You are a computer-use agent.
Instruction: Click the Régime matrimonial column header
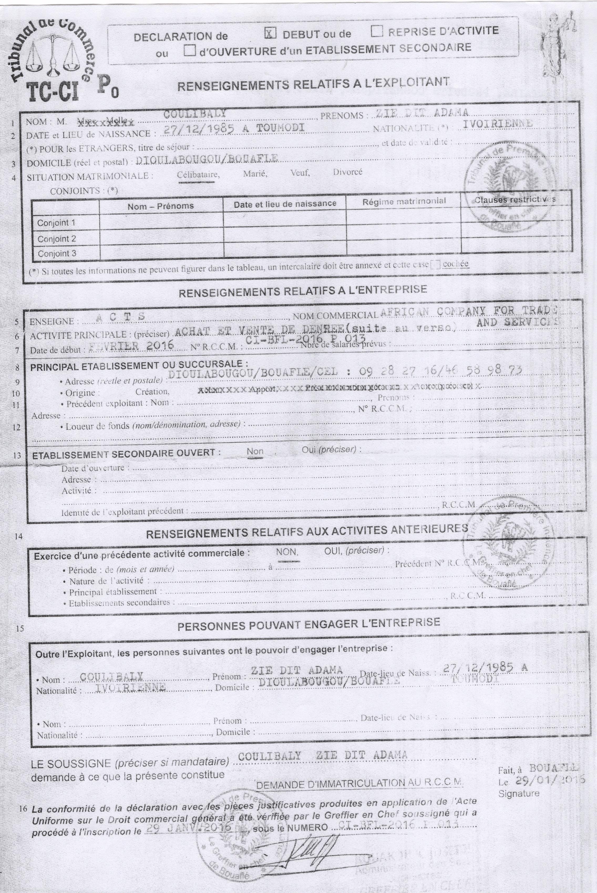click(x=404, y=201)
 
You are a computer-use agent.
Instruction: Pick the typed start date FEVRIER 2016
click(x=131, y=345)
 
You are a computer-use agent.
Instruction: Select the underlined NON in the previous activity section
click(x=287, y=552)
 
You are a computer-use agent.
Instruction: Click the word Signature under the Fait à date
click(x=519, y=794)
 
